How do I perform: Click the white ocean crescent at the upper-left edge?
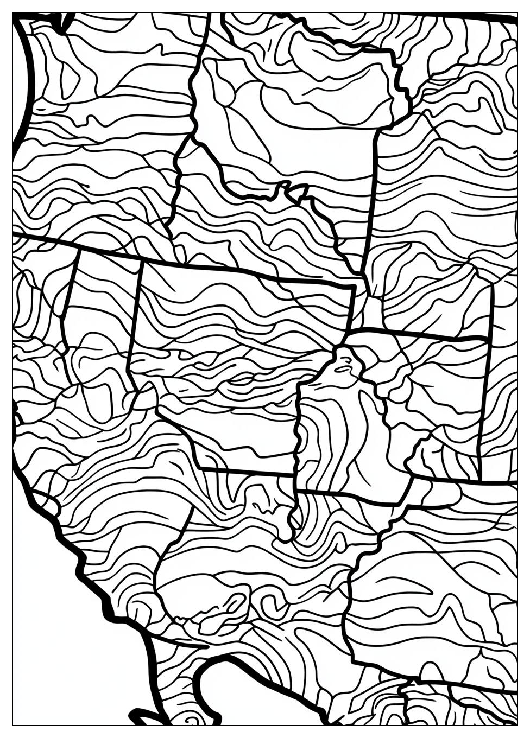[x=20, y=81]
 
